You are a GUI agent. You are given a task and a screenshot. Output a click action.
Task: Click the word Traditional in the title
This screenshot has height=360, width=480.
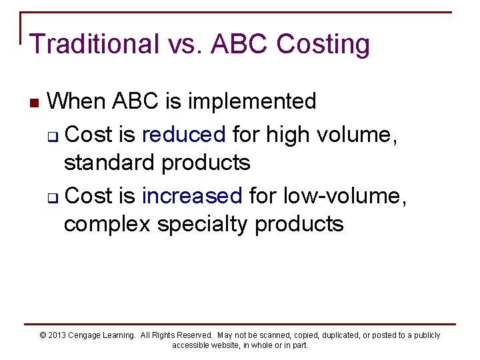click(93, 45)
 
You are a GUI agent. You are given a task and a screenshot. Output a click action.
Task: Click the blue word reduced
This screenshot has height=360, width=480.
click(184, 135)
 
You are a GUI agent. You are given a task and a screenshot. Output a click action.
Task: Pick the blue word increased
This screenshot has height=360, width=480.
click(192, 195)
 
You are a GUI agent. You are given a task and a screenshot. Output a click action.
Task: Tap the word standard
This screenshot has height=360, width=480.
click(109, 162)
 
